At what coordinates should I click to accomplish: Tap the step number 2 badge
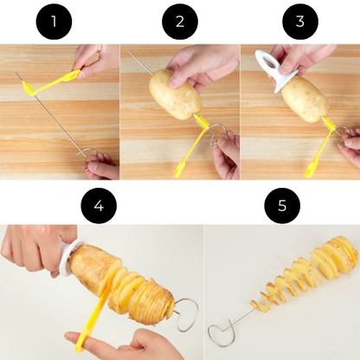[x=180, y=22]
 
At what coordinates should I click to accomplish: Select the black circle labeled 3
[x=300, y=22]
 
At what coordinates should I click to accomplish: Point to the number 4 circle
[x=100, y=205]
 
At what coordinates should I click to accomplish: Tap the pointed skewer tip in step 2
[x=131, y=53]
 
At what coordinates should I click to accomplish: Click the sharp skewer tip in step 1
[x=16, y=77]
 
